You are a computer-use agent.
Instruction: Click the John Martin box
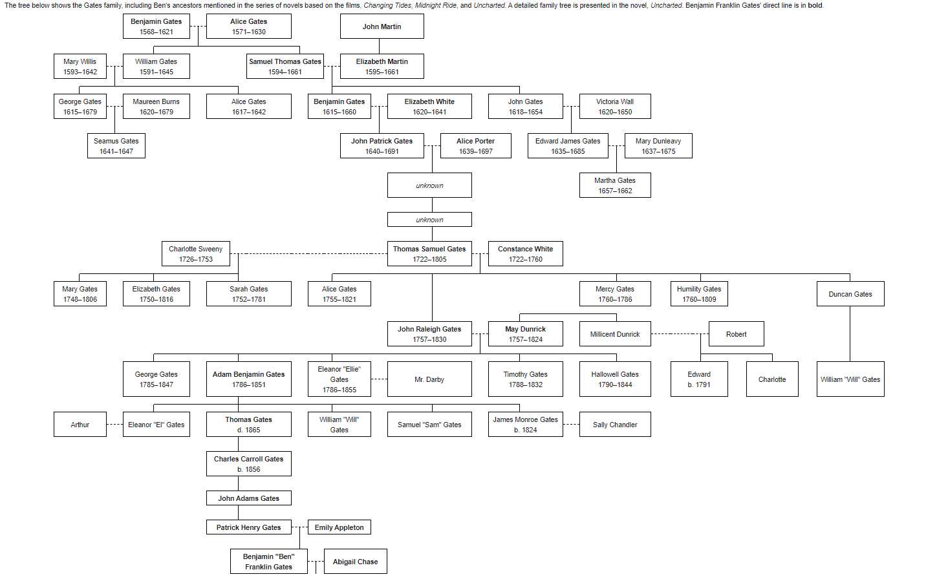pos(382,26)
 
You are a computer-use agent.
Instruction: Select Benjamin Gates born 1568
pos(156,26)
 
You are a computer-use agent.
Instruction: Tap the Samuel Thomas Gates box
pos(285,67)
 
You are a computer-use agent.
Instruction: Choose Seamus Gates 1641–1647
pos(116,146)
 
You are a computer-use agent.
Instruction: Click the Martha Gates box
pos(614,185)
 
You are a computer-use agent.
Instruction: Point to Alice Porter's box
pos(475,146)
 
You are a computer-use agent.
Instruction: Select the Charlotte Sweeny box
pos(195,254)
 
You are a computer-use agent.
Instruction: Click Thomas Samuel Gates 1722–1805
pos(429,254)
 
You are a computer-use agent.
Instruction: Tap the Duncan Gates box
pos(850,294)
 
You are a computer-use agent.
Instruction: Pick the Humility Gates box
pos(698,294)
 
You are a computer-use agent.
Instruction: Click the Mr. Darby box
pos(429,379)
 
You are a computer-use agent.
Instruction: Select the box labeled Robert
pos(736,334)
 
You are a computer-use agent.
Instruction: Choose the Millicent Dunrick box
pos(614,334)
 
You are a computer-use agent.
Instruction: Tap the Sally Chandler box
pos(614,425)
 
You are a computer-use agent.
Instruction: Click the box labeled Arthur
pos(80,425)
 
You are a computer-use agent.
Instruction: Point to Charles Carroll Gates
pos(248,464)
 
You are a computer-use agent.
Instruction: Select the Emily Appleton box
pos(339,527)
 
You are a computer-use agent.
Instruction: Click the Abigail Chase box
pos(355,562)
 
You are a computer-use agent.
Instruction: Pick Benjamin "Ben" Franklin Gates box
pos(268,562)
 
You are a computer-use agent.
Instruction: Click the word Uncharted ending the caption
pos(666,5)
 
